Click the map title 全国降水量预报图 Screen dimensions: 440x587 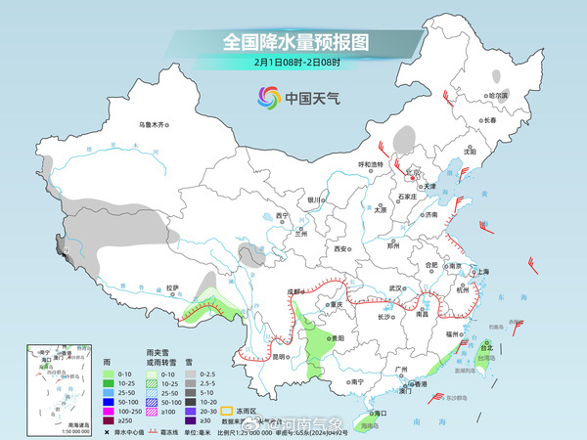294,42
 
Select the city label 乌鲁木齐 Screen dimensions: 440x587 154,124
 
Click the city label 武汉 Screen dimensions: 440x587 395,287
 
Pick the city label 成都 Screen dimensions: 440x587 293,290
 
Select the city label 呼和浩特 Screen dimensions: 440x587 374,164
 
